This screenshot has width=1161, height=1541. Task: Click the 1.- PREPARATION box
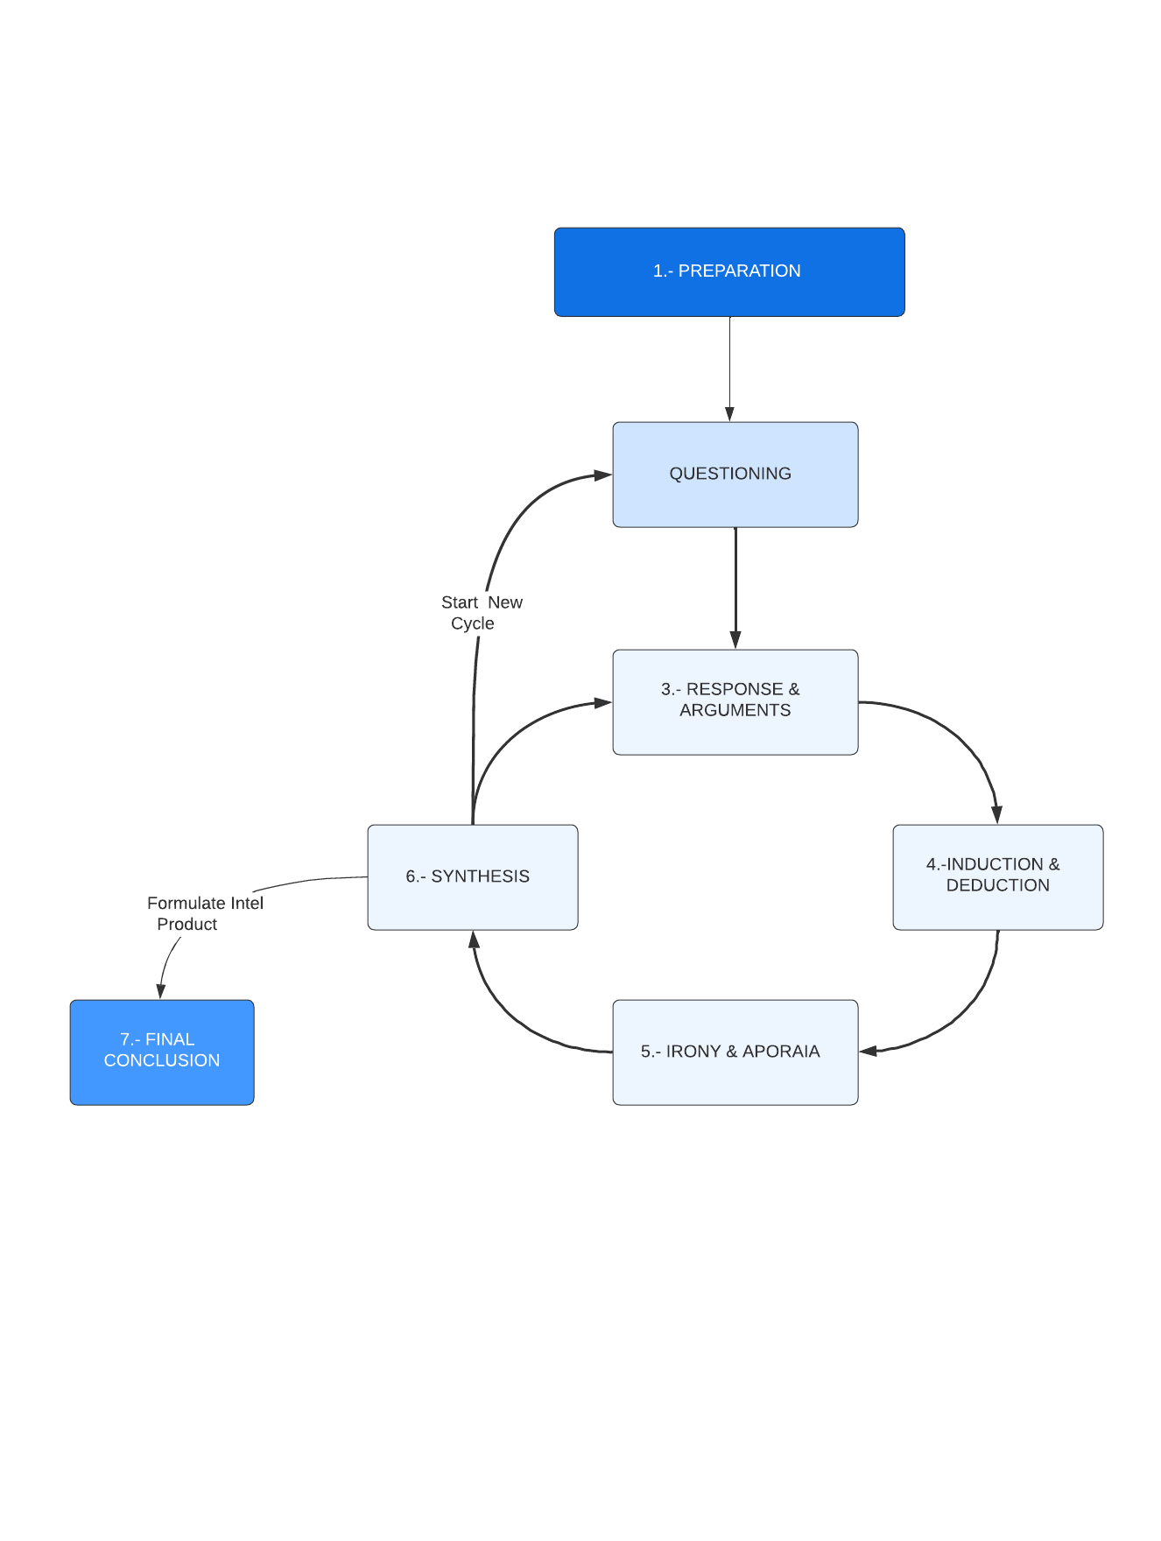(x=728, y=271)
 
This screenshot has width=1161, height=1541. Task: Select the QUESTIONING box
(x=735, y=475)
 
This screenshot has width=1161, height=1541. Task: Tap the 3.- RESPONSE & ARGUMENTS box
(x=735, y=701)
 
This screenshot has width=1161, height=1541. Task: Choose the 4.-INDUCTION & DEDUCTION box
(x=997, y=876)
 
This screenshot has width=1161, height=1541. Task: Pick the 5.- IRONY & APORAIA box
(x=735, y=1052)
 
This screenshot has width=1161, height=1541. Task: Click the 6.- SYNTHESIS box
(x=472, y=876)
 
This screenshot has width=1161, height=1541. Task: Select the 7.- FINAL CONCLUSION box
(x=162, y=1052)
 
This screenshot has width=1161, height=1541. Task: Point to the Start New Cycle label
(x=481, y=613)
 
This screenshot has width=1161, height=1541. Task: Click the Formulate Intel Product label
(x=204, y=913)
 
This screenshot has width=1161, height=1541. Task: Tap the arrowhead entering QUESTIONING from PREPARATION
(x=729, y=414)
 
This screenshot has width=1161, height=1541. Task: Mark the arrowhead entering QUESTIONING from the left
(x=602, y=475)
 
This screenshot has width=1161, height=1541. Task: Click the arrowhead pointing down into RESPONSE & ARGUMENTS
(x=735, y=641)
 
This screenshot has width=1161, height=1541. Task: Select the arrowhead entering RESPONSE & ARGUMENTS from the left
(x=602, y=702)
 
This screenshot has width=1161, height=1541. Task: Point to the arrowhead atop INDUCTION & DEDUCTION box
(x=996, y=815)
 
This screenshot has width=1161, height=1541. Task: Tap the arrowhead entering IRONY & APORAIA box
(x=869, y=1051)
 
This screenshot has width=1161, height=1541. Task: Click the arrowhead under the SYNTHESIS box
(x=474, y=939)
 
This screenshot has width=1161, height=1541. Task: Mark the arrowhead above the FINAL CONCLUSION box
(x=160, y=991)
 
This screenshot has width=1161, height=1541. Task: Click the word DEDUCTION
(x=997, y=885)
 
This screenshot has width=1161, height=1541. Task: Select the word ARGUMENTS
(x=735, y=710)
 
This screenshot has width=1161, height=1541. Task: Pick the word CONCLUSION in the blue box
(x=162, y=1060)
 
